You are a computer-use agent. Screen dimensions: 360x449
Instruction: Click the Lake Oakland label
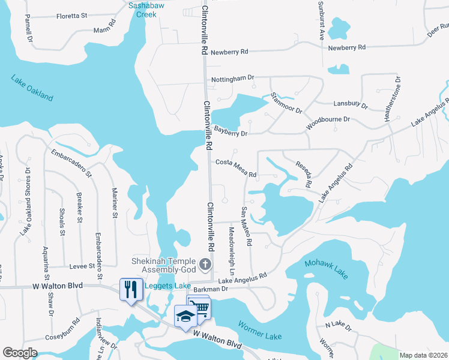tap(31, 88)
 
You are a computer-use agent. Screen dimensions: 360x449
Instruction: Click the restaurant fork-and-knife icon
tap(130, 290)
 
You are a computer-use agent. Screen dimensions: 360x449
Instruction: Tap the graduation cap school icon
tap(185, 316)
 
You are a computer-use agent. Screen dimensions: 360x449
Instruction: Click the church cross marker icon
tap(205, 264)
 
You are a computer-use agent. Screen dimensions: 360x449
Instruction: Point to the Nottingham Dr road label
tap(233, 79)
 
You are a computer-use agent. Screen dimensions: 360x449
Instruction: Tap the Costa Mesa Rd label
tap(236, 169)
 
